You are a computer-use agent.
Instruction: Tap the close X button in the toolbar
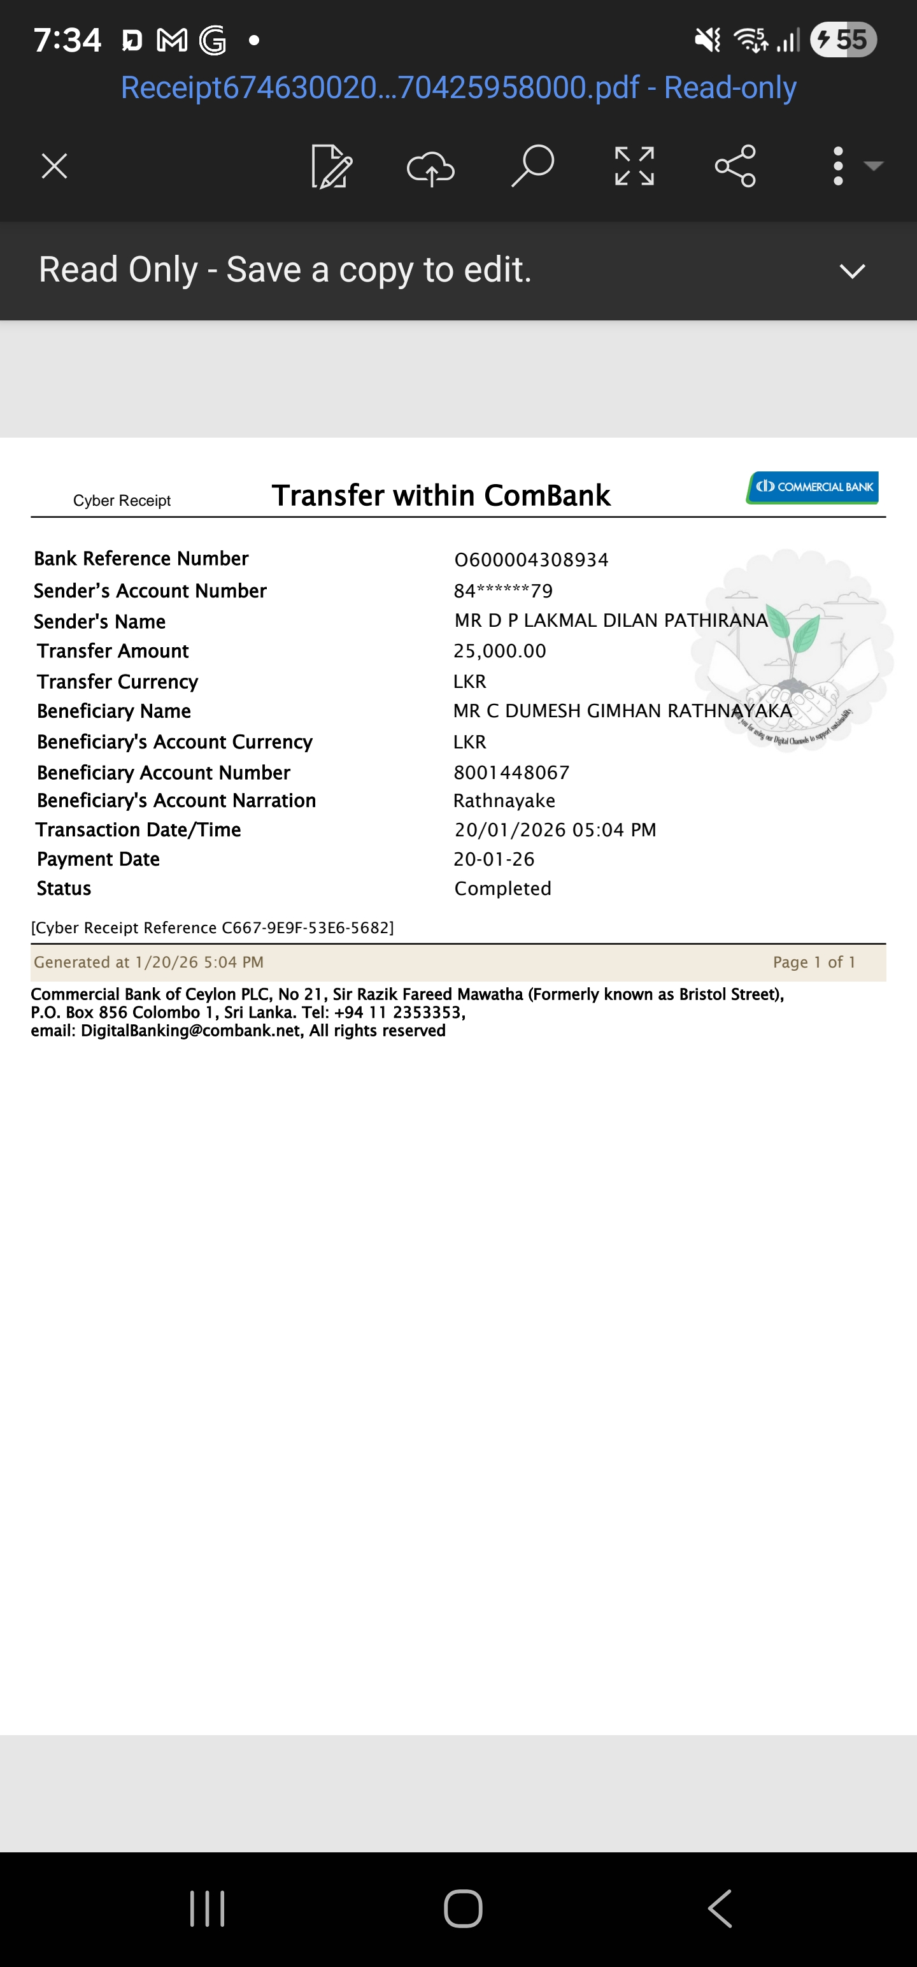pyautogui.click(x=54, y=166)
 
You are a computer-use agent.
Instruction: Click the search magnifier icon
pyautogui.click(x=532, y=166)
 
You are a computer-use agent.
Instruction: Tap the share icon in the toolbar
pyautogui.click(x=736, y=166)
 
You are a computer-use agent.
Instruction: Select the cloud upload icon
pyautogui.click(x=430, y=168)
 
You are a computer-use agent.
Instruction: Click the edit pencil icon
pyautogui.click(x=331, y=166)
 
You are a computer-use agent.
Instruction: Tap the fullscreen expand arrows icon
pyautogui.click(x=634, y=166)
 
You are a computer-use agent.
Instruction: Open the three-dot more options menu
pyautogui.click(x=839, y=166)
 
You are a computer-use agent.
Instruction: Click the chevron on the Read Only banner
pyautogui.click(x=852, y=271)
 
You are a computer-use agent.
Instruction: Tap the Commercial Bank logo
pyautogui.click(x=813, y=487)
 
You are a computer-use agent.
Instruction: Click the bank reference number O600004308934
pyautogui.click(x=532, y=560)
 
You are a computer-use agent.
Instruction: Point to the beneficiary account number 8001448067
pyautogui.click(x=511, y=773)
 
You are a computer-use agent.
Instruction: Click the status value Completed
pyautogui.click(x=502, y=889)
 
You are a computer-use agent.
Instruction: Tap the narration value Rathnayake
pyautogui.click(x=504, y=801)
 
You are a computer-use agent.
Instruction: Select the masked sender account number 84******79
pyautogui.click(x=503, y=591)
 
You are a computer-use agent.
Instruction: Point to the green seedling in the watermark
pyautogui.click(x=794, y=631)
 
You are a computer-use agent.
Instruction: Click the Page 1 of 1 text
pyautogui.click(x=814, y=962)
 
